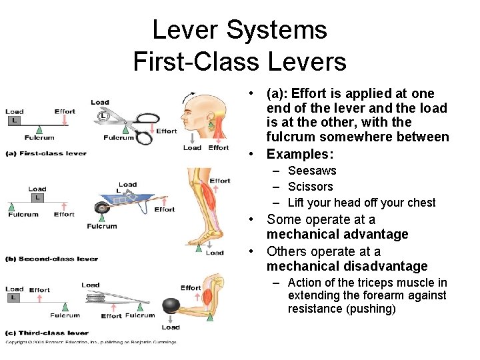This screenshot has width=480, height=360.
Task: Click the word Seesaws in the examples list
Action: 312,171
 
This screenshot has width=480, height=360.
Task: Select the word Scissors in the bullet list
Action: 310,187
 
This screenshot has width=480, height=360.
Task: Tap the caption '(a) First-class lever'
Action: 46,153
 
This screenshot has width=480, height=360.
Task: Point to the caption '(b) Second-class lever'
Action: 51,259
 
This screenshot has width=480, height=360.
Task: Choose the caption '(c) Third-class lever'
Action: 47,333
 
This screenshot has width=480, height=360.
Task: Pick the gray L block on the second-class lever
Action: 37,198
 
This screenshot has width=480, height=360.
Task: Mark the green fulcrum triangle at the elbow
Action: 210,317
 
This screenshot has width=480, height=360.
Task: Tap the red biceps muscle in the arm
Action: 209,295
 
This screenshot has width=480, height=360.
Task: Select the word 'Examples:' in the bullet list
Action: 299,154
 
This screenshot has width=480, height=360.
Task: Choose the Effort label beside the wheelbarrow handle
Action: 164,209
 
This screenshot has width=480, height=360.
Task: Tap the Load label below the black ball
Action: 171,327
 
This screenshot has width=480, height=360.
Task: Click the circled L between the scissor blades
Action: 102,116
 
